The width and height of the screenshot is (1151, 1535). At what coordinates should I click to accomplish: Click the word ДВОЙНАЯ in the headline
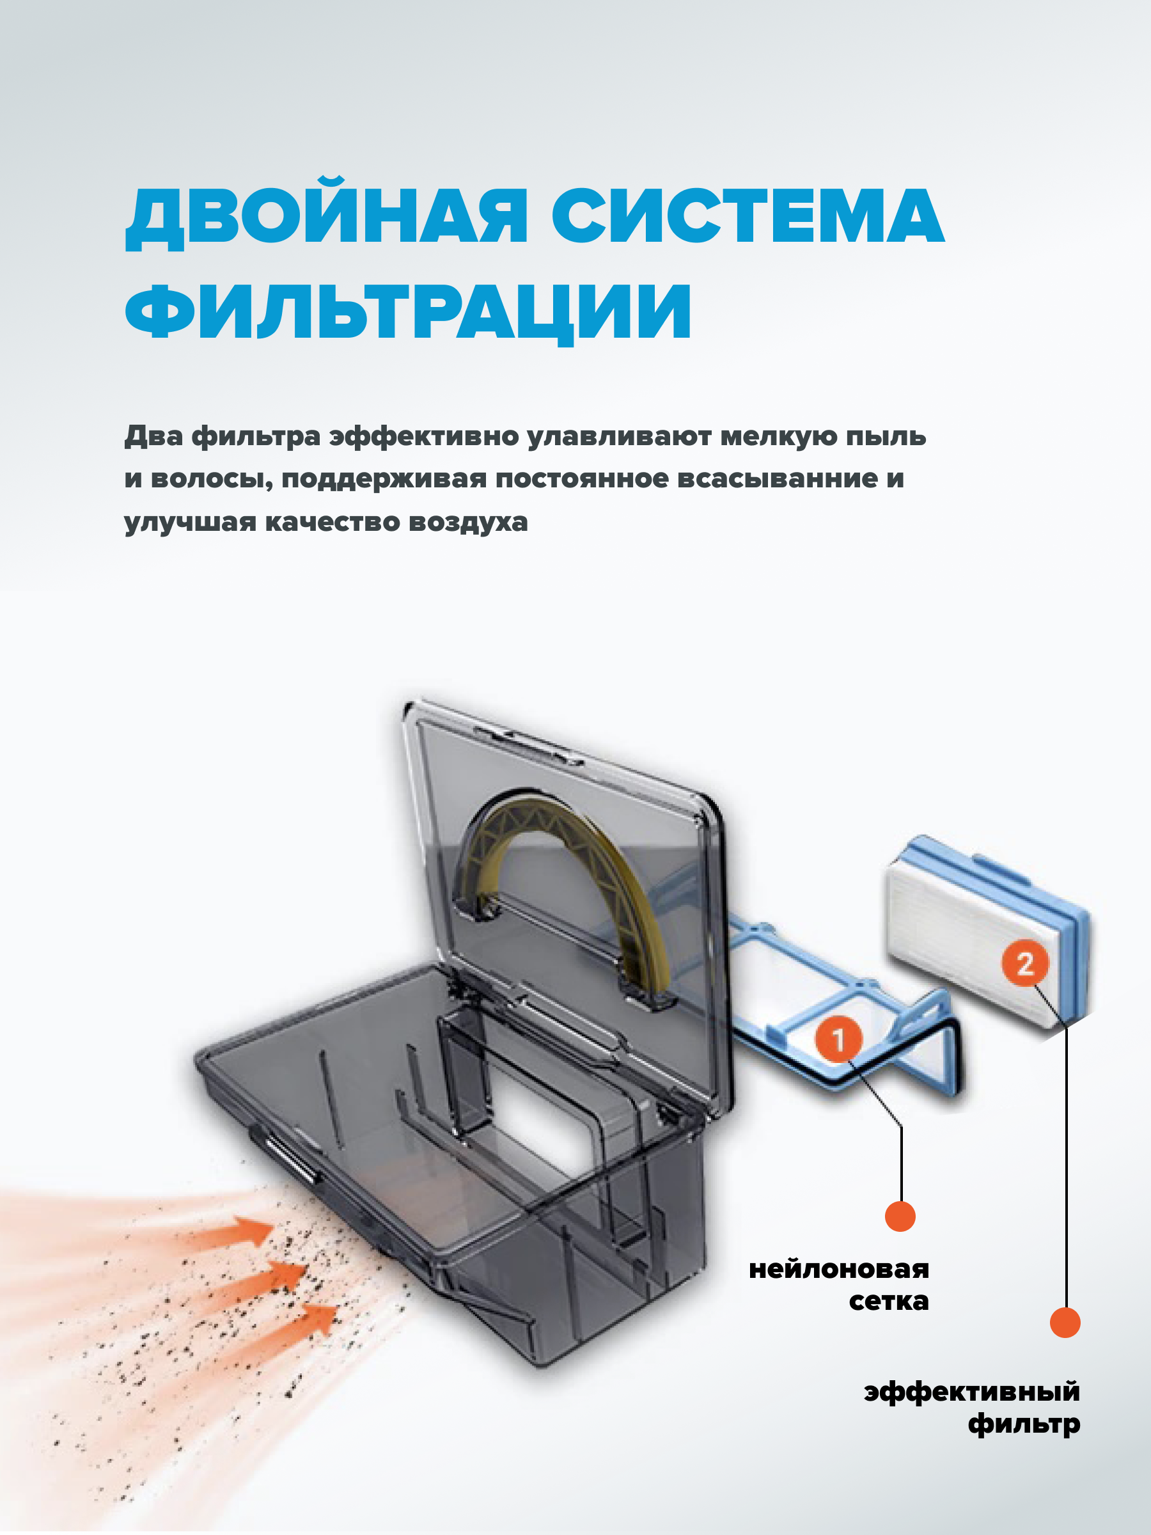tap(326, 217)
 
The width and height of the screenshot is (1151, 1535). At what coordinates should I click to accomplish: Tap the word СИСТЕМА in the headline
tap(748, 217)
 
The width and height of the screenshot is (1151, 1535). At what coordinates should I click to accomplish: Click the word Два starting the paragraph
tap(153, 436)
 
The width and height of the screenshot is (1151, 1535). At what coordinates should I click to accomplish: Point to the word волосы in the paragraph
tap(212, 480)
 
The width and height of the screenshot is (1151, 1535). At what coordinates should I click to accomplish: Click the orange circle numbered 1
tap(838, 1039)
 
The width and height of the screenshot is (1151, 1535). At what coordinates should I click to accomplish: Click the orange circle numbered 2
tap(1024, 963)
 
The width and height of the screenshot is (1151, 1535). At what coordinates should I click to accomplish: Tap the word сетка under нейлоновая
tap(888, 1301)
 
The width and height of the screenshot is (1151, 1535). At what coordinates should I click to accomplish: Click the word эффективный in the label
tap(971, 1391)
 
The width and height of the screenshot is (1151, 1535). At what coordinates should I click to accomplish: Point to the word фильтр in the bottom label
tap(1023, 1424)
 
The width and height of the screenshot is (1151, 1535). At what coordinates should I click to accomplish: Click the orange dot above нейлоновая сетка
tap(900, 1216)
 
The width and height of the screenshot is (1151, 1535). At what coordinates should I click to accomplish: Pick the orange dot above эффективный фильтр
tap(1064, 1322)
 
